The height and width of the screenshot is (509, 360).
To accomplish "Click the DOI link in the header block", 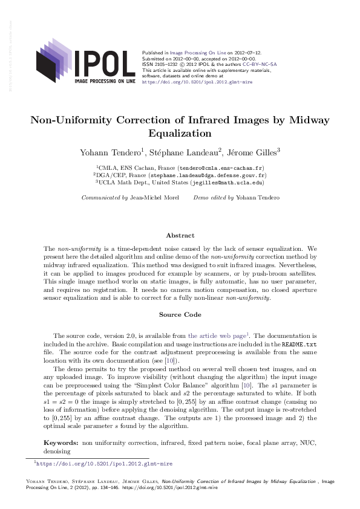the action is pyautogui.click(x=197, y=80).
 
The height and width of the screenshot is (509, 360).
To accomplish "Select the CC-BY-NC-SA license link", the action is pyautogui.click(x=260, y=63).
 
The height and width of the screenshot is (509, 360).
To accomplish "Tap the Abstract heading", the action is pyautogui.click(x=180, y=235).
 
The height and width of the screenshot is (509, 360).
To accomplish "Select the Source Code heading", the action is pyautogui.click(x=180, y=314).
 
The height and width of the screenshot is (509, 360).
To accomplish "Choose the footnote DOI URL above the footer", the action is pyautogui.click(x=104, y=464).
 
